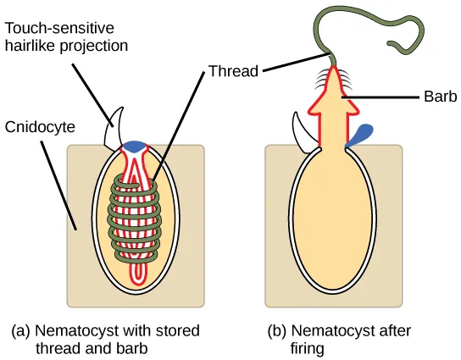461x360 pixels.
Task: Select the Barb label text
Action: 432,97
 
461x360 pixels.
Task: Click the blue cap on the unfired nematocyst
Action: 135,147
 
